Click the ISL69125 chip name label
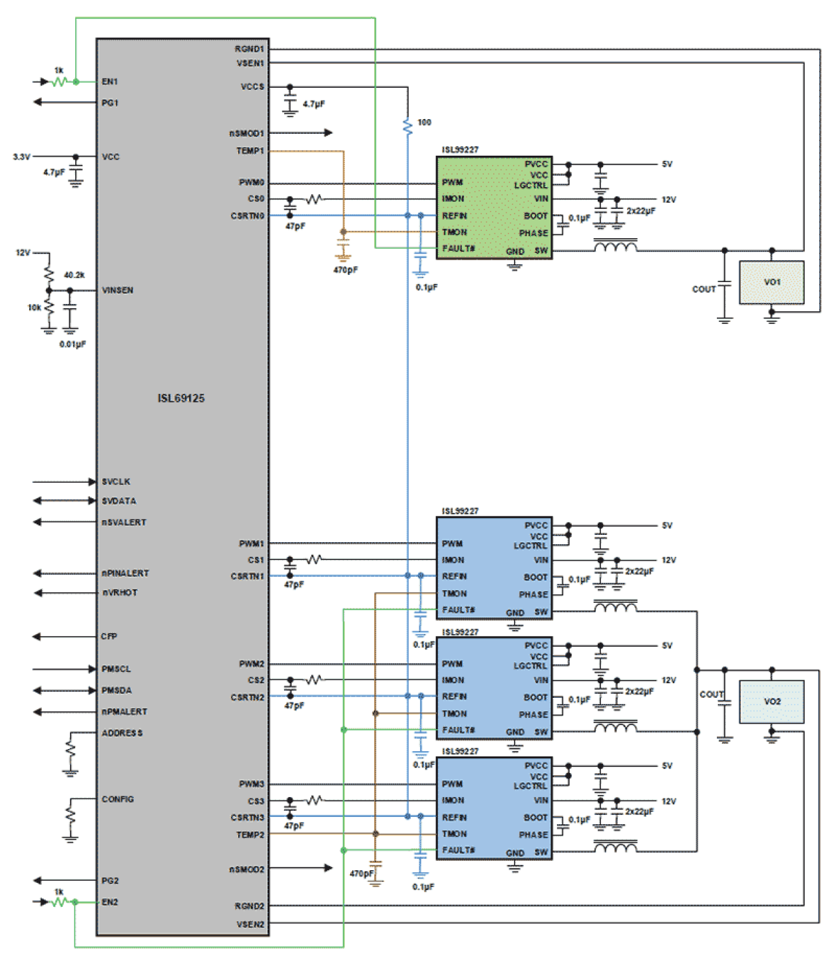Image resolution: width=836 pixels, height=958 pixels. click(181, 399)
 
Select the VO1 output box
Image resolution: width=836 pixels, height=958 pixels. click(771, 283)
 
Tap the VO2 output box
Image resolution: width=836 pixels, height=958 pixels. click(771, 702)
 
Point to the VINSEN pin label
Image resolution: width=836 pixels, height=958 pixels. click(117, 291)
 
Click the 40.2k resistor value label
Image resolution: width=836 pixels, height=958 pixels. click(74, 275)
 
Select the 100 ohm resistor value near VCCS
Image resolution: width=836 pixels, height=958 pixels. click(424, 122)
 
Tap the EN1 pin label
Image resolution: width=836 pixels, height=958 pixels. click(110, 82)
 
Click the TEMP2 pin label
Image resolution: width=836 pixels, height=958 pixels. click(250, 835)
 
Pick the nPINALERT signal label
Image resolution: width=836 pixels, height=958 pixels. click(125, 573)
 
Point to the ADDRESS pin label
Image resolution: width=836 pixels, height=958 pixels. click(122, 733)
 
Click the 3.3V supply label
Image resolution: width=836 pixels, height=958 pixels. click(21, 157)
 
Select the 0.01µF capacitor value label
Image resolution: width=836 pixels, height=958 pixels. click(73, 345)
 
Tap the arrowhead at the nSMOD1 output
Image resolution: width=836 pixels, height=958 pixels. click(328, 133)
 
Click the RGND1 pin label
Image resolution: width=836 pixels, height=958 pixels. click(249, 49)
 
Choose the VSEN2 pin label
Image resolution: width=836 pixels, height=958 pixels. click(250, 925)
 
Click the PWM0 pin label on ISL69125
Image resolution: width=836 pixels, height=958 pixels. click(252, 183)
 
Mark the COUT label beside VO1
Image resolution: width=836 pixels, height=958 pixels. click(704, 289)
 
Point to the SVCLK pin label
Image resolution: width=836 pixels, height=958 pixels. click(116, 482)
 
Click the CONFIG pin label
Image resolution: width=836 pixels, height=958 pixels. click(118, 800)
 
